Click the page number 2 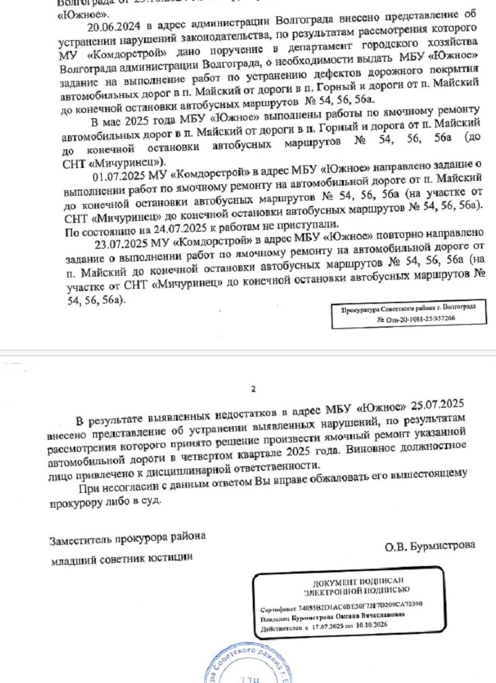(x=253, y=389)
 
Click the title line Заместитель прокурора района (x=127, y=539)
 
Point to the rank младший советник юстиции (x=122, y=559)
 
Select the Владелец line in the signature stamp (x=334, y=617)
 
